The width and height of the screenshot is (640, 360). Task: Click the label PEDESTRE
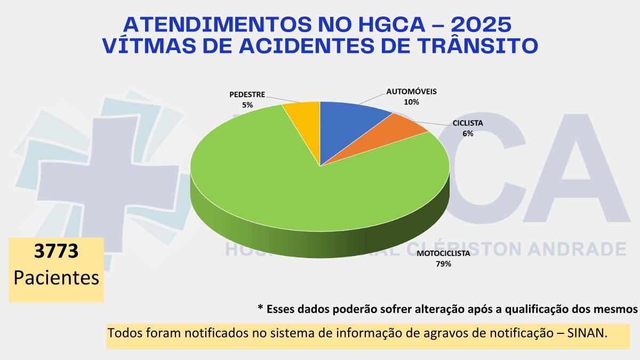[247, 94]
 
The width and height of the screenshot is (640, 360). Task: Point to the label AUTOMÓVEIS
[411, 91]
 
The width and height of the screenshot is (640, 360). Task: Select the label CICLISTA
[468, 123]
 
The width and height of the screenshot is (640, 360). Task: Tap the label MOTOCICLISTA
[443, 253]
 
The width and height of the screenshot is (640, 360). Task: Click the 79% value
[443, 264]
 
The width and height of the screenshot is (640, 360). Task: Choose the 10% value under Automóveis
[411, 102]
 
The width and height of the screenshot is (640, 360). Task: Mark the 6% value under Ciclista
[468, 134]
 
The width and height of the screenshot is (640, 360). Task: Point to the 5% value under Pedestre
[247, 105]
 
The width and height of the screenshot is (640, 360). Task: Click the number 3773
[56, 251]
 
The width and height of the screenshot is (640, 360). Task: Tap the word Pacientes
[56, 277]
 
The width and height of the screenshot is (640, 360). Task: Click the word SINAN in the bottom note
[586, 333]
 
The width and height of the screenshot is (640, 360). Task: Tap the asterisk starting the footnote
[260, 309]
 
